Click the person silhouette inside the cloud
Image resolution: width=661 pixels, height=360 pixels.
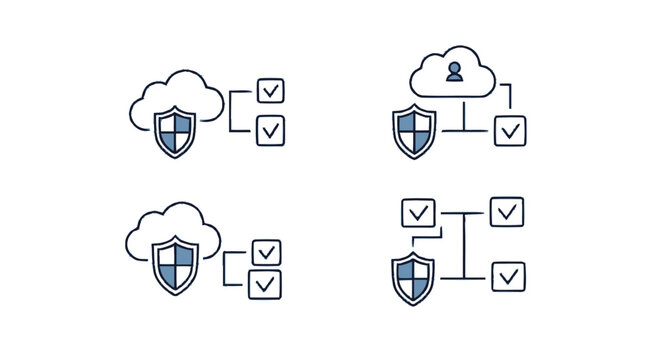454,71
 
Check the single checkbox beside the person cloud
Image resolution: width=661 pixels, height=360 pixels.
510,130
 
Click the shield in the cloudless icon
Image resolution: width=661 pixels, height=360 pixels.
413,276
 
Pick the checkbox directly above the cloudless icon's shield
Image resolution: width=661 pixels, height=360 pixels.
417,212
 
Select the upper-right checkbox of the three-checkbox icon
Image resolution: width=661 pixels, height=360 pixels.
507,211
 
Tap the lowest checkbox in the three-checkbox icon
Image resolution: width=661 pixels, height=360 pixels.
508,275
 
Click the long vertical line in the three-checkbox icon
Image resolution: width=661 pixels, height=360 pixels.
464,245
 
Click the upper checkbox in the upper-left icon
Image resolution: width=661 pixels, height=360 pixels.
270,90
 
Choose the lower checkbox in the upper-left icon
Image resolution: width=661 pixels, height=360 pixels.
270,130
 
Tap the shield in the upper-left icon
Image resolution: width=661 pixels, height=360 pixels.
176,131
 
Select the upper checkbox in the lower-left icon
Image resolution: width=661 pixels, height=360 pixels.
266,251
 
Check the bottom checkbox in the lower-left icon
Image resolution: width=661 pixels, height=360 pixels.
266,284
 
